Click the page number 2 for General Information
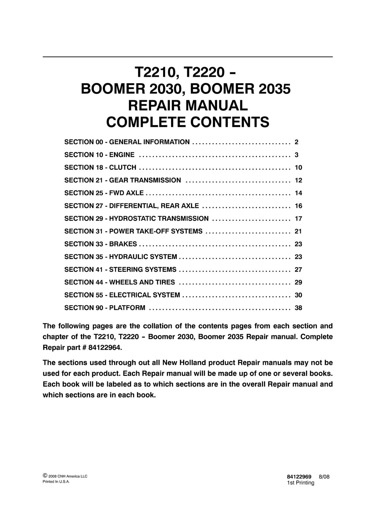297,142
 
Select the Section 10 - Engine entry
99,155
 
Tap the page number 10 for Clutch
298,167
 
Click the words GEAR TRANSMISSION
145,180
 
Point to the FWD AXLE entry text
126,193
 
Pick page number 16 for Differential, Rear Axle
298,206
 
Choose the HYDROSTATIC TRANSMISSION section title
159,219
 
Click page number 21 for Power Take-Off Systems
298,231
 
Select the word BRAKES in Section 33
123,244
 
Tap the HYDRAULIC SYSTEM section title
143,257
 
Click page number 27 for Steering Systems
298,269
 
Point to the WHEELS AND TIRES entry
142,282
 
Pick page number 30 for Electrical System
298,295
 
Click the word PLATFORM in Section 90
127,308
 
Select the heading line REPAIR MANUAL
188,105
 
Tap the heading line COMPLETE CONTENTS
188,122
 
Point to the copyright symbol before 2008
45,476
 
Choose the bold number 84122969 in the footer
297,477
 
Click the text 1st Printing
300,483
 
